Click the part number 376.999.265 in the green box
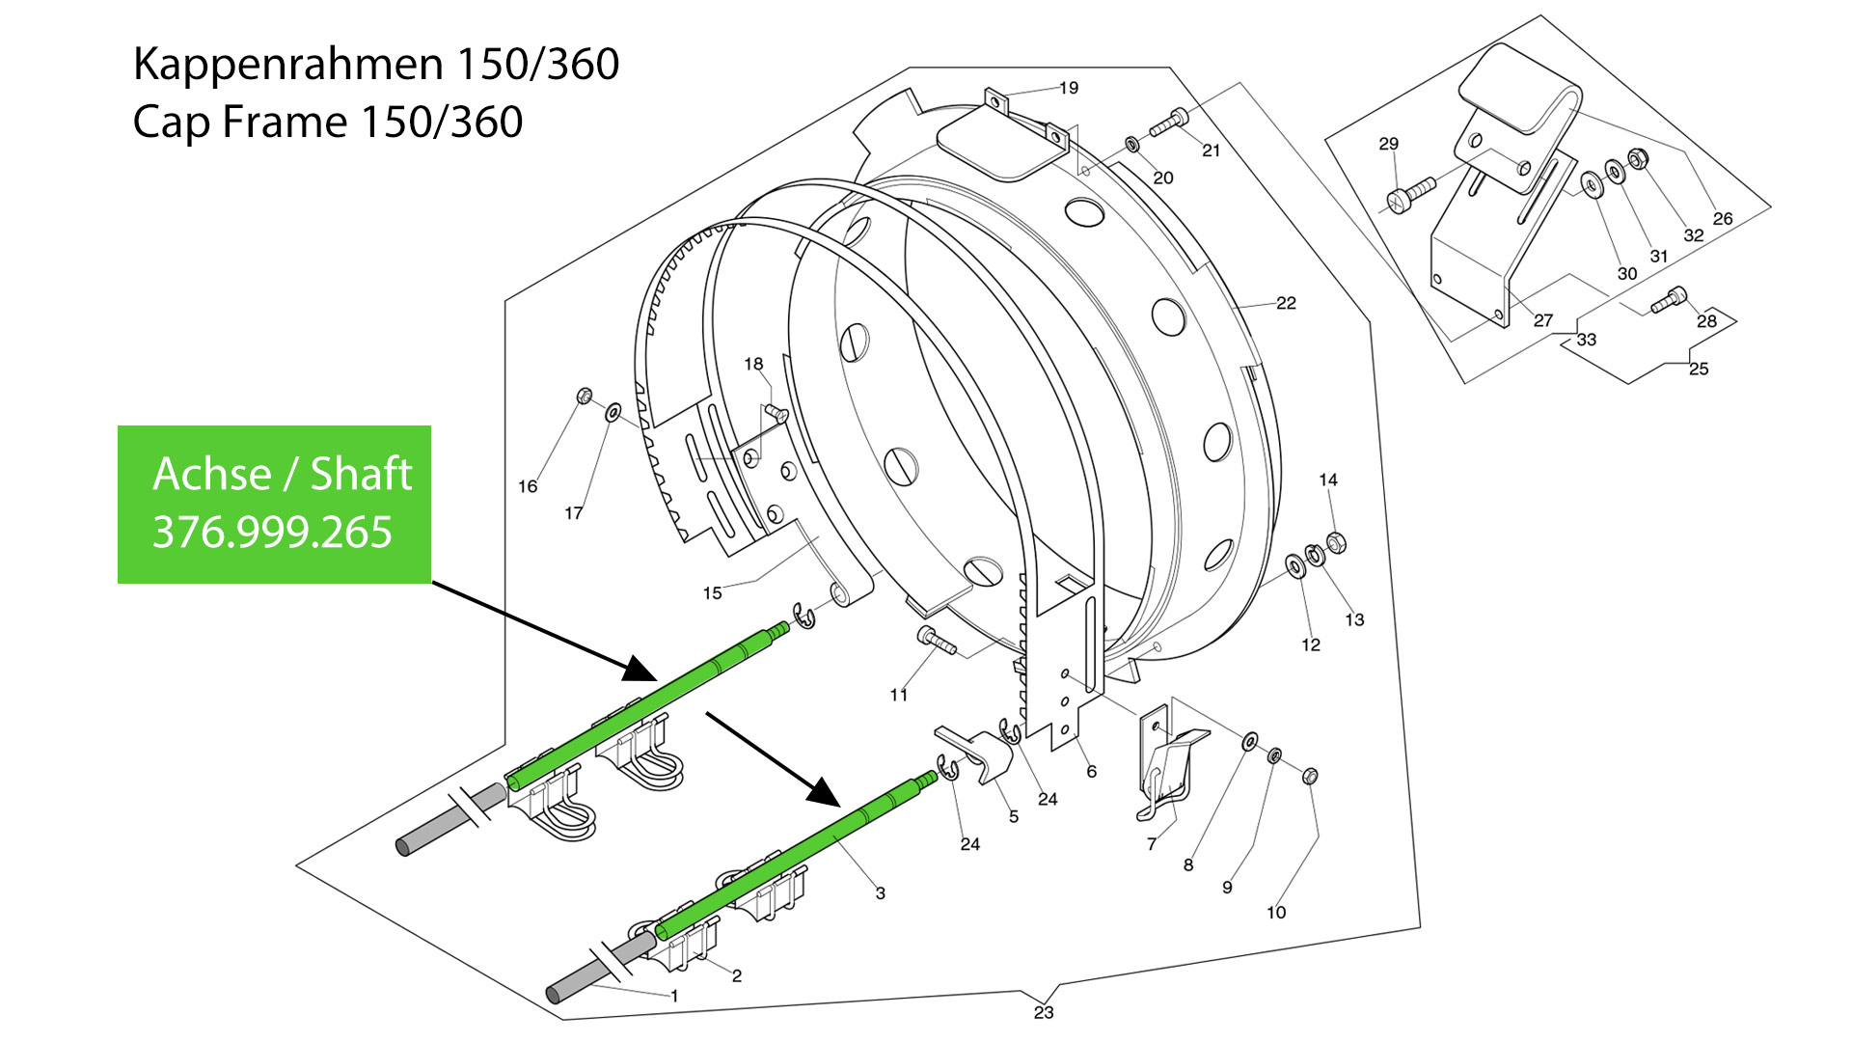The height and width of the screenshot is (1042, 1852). tap(272, 532)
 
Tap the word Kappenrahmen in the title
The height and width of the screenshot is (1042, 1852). tap(288, 65)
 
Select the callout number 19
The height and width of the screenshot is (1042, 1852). tap(1069, 88)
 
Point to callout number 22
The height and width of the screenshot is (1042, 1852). tap(1286, 303)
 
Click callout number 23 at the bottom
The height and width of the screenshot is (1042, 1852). tap(1044, 1012)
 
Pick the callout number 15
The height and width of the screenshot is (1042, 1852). tap(712, 593)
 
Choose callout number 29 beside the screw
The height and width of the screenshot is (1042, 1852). tap(1388, 144)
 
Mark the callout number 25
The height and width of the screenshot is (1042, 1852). tap(1699, 369)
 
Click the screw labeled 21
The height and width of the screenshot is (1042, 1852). tap(1168, 123)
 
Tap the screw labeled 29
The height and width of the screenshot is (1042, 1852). tap(1410, 194)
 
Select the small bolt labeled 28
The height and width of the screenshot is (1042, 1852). tap(1669, 300)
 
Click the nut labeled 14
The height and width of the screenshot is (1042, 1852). tap(1336, 543)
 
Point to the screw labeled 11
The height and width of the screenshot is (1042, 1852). tap(936, 640)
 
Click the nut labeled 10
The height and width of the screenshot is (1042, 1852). tap(1310, 776)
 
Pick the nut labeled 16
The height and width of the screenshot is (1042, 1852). tap(584, 396)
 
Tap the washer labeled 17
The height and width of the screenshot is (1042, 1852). tap(613, 413)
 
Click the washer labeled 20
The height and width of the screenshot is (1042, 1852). tap(1132, 145)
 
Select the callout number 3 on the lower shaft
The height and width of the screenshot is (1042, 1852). tap(880, 893)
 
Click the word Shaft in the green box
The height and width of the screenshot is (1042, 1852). tap(361, 474)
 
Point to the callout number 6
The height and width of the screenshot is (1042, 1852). tap(1091, 772)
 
